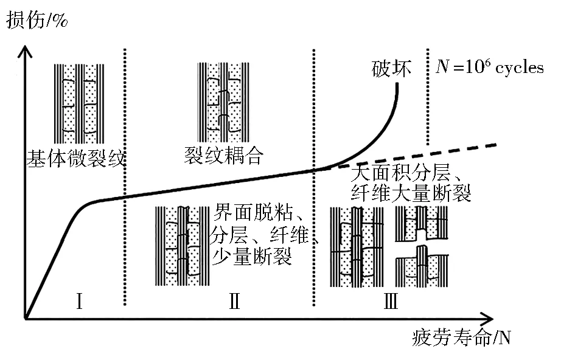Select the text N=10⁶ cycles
click(x=490, y=67)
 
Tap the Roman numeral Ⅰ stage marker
click(x=79, y=300)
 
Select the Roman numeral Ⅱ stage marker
click(x=235, y=300)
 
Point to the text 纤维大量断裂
click(x=411, y=194)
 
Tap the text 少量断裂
click(x=251, y=257)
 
